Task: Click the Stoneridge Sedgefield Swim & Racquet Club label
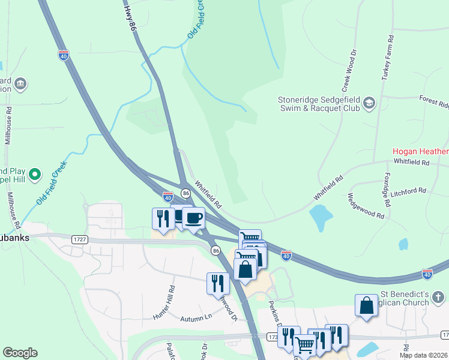319,104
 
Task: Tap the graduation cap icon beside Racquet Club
369,104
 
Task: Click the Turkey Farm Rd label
386,58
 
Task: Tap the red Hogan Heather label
420,152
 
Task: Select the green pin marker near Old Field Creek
35,175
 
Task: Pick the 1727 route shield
79,239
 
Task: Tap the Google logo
20,353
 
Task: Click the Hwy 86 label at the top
128,17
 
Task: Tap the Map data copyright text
424,355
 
